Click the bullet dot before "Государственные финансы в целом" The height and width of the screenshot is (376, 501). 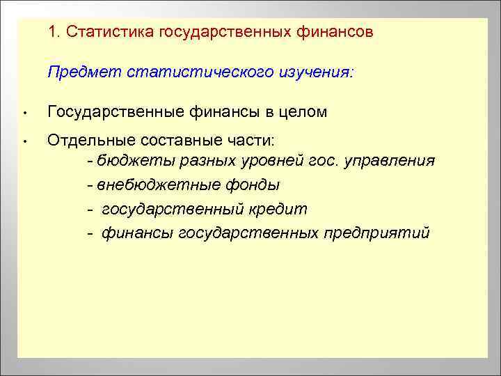[x=24, y=113]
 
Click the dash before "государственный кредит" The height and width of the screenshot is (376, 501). [x=91, y=209]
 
